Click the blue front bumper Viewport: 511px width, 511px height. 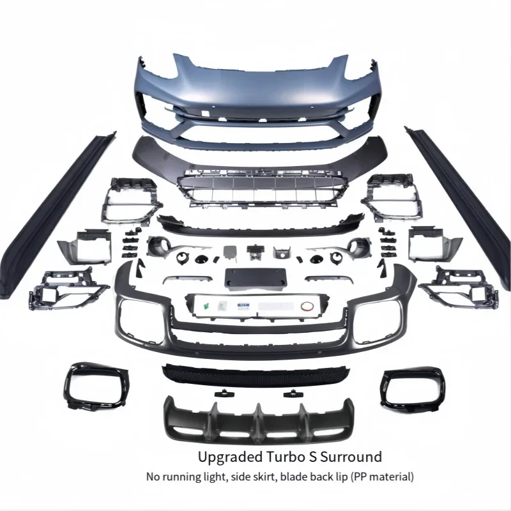[256, 96]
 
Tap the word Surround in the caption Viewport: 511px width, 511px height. [353, 457]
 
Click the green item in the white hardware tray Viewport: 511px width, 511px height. [207, 305]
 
